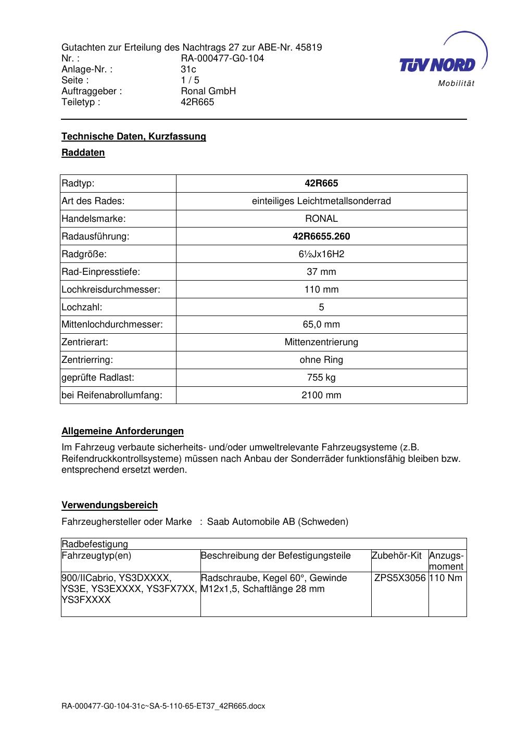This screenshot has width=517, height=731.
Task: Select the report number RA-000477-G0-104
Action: [222, 58]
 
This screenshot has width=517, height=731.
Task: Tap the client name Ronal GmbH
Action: [208, 91]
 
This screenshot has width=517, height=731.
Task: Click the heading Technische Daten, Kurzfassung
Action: [134, 136]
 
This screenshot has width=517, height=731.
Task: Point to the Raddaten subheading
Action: [83, 153]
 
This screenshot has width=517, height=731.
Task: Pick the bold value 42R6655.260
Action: [321, 236]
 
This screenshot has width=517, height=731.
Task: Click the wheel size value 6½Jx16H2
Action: [321, 254]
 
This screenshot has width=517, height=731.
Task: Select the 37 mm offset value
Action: [321, 272]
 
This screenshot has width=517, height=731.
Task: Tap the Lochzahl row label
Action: [82, 307]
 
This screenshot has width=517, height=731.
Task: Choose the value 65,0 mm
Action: [321, 324]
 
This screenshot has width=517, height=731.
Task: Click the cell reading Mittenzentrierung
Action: [321, 342]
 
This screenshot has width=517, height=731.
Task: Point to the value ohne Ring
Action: [321, 360]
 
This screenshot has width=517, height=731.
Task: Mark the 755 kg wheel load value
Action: [321, 377]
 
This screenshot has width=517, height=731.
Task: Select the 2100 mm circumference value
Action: [321, 395]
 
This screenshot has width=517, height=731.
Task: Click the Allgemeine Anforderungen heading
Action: [122, 431]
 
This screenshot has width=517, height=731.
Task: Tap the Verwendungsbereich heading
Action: [109, 505]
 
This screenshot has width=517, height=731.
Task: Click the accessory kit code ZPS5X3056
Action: [400, 578]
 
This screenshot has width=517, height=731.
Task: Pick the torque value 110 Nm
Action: [446, 578]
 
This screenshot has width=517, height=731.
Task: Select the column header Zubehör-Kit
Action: [397, 556]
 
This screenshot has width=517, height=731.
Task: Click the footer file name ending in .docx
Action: [163, 706]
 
